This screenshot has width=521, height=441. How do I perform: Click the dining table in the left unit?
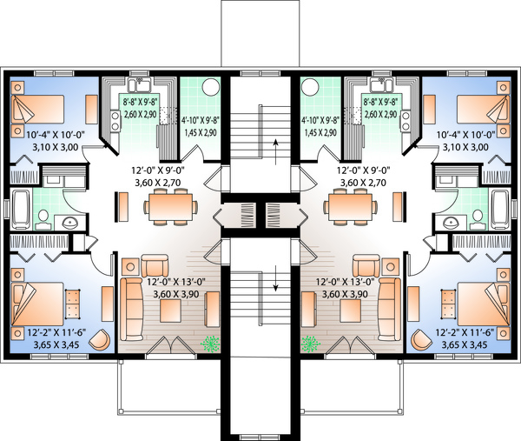167,207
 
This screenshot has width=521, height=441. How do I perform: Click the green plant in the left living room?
210,344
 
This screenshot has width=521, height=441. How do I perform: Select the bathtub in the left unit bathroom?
23,209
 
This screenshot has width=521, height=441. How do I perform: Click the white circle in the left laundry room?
208,88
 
